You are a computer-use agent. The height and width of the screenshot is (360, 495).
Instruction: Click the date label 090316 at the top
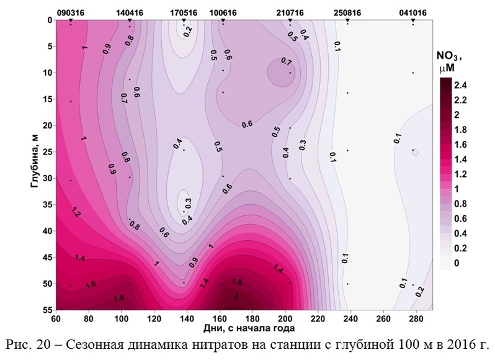(x=71, y=11)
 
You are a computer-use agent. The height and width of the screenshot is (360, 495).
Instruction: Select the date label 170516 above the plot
(x=184, y=11)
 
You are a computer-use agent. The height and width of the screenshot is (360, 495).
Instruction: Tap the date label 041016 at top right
(x=413, y=11)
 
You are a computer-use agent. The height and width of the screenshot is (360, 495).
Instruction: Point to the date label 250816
(x=347, y=11)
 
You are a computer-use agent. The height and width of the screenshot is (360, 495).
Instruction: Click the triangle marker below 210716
(x=290, y=21)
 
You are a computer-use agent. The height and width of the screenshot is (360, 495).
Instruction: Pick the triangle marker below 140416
(x=130, y=21)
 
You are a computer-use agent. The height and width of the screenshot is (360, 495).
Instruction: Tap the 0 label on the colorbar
(x=458, y=264)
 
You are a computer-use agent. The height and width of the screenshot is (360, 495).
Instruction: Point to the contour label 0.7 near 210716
(x=286, y=61)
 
